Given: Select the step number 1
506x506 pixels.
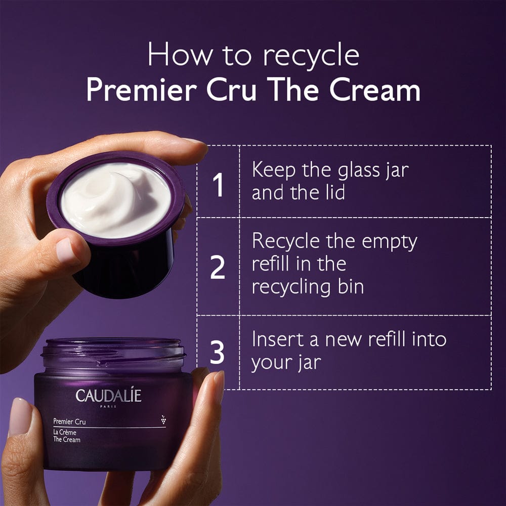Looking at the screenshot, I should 218,186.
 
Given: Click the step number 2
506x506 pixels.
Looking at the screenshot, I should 218,268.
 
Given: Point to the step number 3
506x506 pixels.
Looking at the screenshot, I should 217,353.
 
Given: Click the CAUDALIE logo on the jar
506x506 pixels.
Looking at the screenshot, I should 108,395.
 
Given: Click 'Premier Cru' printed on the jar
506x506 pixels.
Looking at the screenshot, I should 69,421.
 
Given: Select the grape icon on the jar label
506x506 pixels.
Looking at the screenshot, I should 162,419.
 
